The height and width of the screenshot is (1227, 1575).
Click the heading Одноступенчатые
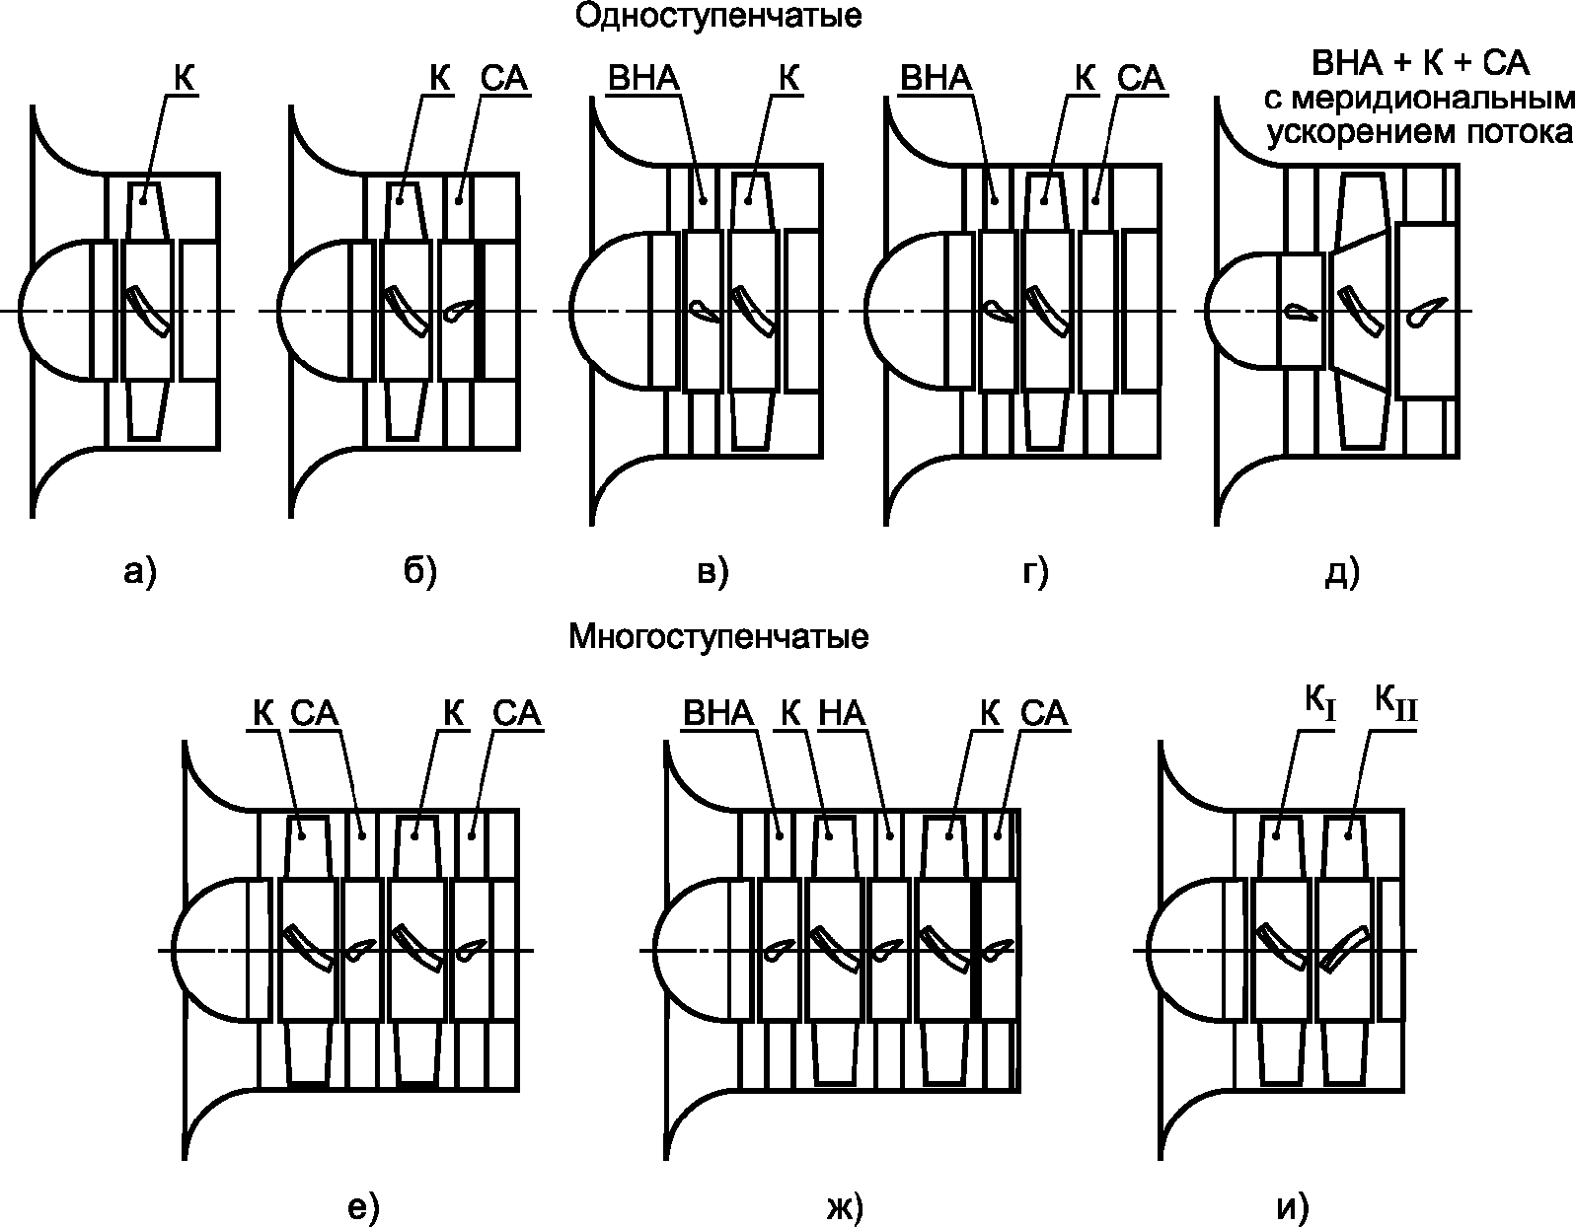pyautogui.click(x=717, y=17)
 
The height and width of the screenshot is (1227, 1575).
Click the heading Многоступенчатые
pyautogui.click(x=718, y=637)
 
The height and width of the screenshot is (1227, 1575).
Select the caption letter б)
pyautogui.click(x=419, y=571)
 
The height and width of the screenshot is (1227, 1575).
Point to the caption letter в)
pyautogui.click(x=712, y=571)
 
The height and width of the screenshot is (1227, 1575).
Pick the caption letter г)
pyautogui.click(x=1033, y=571)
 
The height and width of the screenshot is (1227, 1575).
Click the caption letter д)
pyautogui.click(x=1341, y=571)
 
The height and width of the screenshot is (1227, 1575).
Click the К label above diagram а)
pyautogui.click(x=184, y=79)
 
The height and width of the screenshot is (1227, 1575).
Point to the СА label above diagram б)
pyautogui.click(x=504, y=79)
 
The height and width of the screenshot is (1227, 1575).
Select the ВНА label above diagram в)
pyautogui.click(x=643, y=79)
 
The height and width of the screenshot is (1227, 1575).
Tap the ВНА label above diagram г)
pyautogui.click(x=936, y=79)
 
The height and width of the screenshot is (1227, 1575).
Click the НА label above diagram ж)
pyautogui.click(x=842, y=713)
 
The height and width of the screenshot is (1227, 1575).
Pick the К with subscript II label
pyautogui.click(x=1395, y=705)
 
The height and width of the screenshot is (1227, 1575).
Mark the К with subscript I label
pyautogui.click(x=1319, y=705)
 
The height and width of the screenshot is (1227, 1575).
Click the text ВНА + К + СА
pyautogui.click(x=1420, y=65)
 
